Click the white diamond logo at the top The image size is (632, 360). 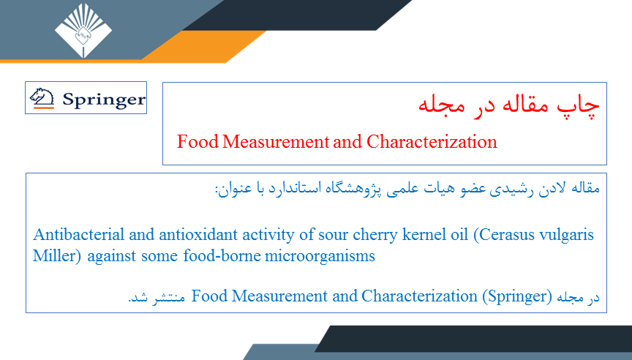coord(83,31)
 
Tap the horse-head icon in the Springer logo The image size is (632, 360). coord(42,98)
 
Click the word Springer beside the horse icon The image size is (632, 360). coord(104,100)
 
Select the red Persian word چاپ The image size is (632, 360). coord(579,105)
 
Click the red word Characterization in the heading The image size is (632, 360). coord(432,141)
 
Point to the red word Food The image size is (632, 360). coord(197,141)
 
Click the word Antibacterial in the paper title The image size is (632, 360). coord(79,235)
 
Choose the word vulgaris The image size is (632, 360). coord(566,236)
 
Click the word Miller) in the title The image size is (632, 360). coord(57,256)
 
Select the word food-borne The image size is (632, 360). coord(222,255)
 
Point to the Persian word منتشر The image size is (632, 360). coord(168,298)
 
